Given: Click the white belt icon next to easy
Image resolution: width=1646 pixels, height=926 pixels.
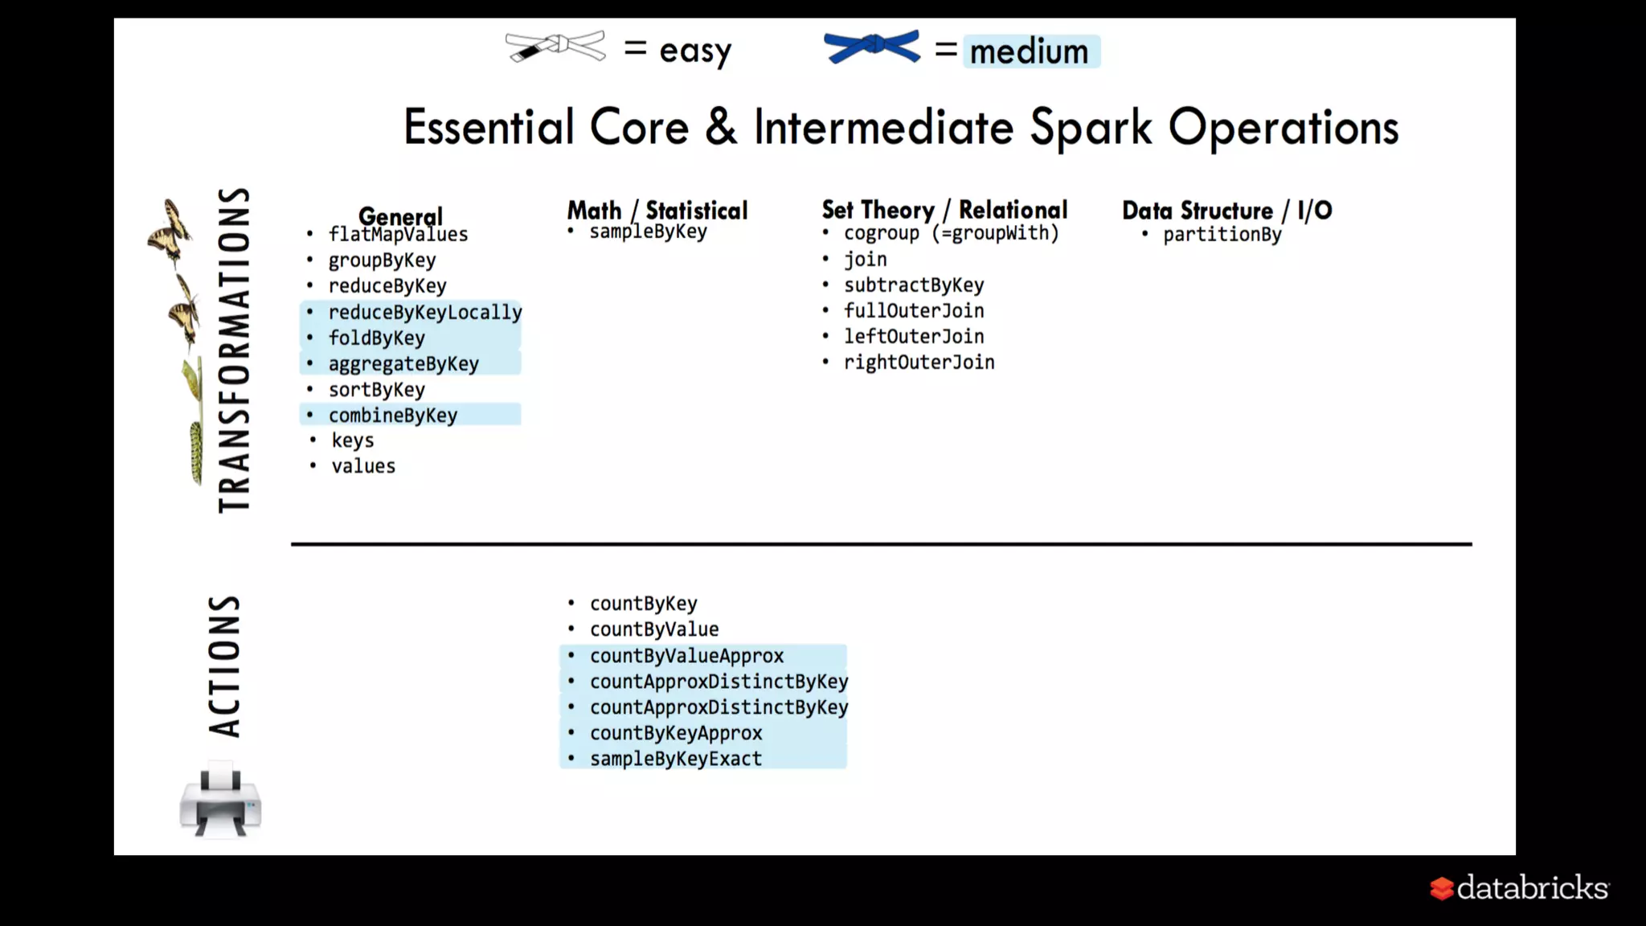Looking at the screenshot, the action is pos(555,47).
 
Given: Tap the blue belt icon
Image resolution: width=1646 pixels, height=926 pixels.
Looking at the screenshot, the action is pos(872,47).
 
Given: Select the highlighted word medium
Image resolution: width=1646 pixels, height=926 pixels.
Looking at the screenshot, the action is pos(1030,51).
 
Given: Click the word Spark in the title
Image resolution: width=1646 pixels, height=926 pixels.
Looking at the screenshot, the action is pos(1091,128).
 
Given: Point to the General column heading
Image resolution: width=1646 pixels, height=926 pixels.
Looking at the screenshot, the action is pos(400,215).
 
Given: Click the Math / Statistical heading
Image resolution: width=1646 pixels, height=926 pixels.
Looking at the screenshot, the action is pos(657,211).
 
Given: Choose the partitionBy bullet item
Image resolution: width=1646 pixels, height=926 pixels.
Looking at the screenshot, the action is pos(1222,235).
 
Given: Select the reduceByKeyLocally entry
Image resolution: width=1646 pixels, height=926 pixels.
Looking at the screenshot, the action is pos(424,312).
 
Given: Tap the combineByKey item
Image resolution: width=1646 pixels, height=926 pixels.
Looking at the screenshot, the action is pos(392,415).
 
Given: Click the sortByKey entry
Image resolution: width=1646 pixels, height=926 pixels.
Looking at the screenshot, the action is pos(376,390).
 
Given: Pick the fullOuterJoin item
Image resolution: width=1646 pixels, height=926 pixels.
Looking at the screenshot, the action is pos(914,311).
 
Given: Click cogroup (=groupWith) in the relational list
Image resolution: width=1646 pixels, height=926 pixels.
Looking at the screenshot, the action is pos(951,233).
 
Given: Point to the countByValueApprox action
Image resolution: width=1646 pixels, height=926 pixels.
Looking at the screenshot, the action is pos(686,656).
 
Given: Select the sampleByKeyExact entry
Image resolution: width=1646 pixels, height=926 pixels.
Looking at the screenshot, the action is pos(675,759).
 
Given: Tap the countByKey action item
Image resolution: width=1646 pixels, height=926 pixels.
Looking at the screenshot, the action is pos(643,604).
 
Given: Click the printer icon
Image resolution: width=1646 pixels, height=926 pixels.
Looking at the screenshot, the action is pos(220,803).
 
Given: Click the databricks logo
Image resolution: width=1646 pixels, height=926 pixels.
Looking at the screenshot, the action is pos(1519,887).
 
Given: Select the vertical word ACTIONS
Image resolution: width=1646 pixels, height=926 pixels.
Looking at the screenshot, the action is pos(224,666).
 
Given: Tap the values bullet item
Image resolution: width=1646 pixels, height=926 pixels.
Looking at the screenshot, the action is pos(363,466).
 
